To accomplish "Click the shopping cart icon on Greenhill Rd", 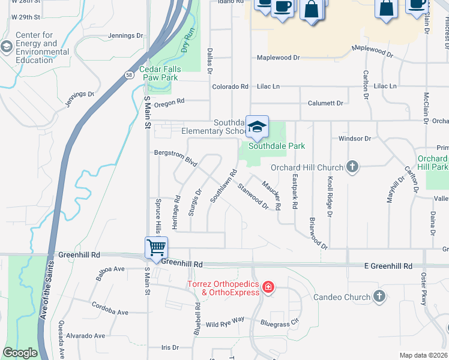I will tap(156, 247).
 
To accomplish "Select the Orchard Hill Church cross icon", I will tap(352, 167).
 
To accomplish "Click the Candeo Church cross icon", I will tap(379, 296).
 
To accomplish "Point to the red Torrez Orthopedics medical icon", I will tap(268, 289).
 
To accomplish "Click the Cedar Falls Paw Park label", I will tap(159, 73).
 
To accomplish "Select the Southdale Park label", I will tap(277, 146).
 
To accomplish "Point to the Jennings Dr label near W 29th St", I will tap(126, 36).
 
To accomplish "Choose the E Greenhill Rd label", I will tap(389, 266).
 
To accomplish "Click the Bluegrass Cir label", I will tap(279, 323).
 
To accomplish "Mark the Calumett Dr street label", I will tap(325, 103).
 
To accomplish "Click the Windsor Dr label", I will tap(355, 139).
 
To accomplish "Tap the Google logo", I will tap(20, 353).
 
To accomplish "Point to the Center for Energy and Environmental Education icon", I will tap(7, 47).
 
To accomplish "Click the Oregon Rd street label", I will tap(169, 103).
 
